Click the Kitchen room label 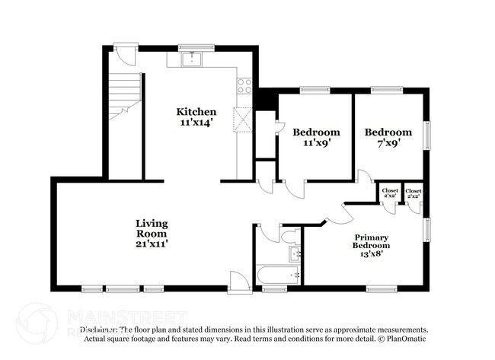[x=197, y=116]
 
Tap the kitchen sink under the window [x=194, y=58]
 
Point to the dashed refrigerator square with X [x=244, y=120]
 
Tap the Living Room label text [x=152, y=233]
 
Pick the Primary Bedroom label [x=371, y=246]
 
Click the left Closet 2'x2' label [x=390, y=193]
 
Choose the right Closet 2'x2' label [x=414, y=193]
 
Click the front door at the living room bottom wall [x=238, y=283]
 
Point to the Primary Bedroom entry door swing [x=335, y=214]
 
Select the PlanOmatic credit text [x=402, y=338]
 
